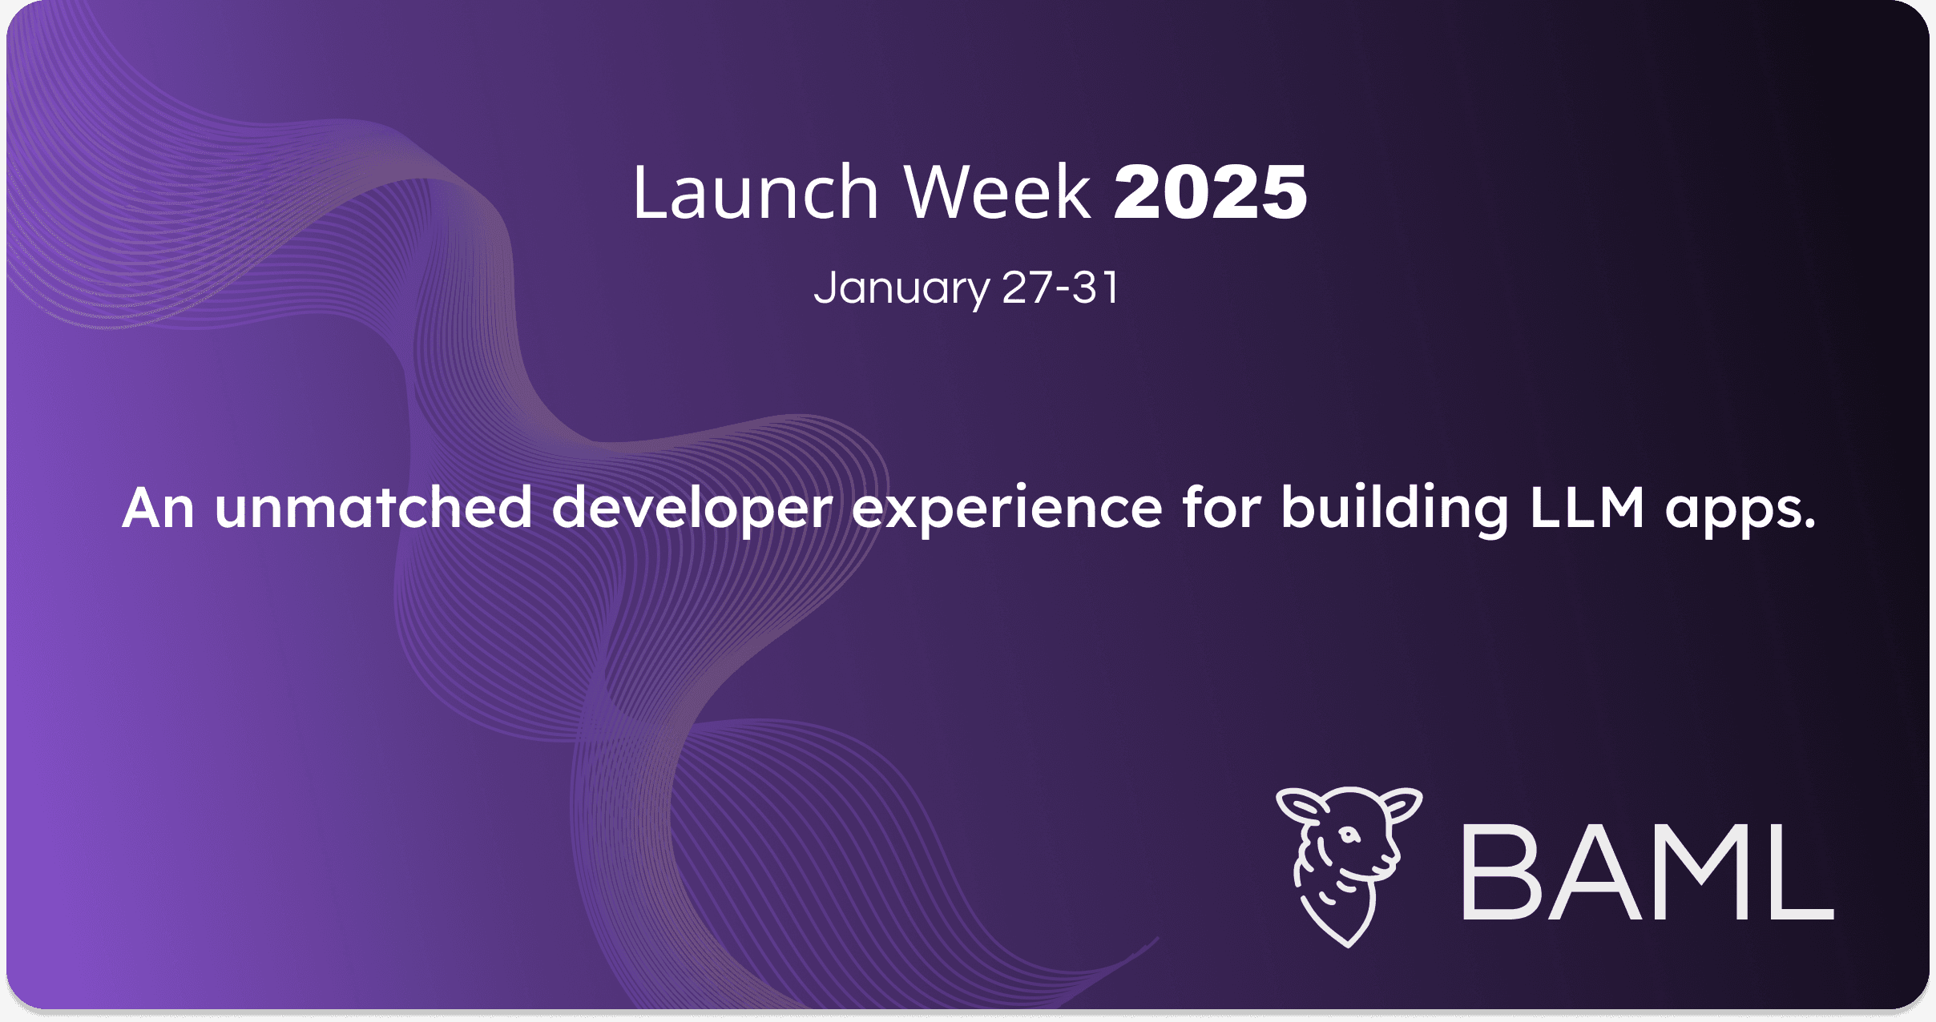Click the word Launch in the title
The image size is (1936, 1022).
click(756, 191)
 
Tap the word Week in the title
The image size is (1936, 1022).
click(998, 191)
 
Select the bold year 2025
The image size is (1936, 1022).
click(1211, 191)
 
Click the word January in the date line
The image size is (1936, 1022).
click(901, 288)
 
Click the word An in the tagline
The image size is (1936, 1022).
click(159, 508)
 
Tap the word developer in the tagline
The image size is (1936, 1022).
click(692, 510)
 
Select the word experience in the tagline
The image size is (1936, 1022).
click(1007, 510)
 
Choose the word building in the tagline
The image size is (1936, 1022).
click(1395, 510)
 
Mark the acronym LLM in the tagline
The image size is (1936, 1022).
click(1587, 508)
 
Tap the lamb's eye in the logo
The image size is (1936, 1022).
click(1350, 835)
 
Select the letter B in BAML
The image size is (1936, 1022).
click(1500, 871)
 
